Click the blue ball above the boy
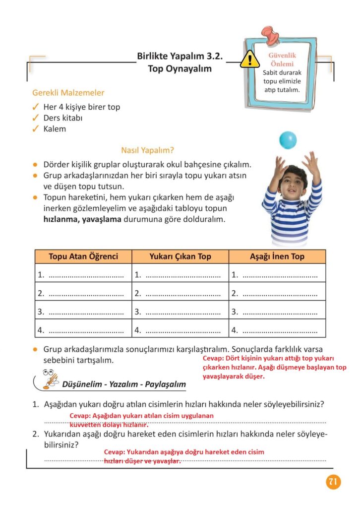(288, 140)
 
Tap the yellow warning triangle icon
(249, 61)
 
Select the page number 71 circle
(333, 482)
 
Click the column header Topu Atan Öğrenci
(83, 256)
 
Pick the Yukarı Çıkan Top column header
(180, 256)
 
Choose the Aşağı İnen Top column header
(277, 256)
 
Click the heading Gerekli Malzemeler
(68, 93)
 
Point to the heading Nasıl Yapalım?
(147, 150)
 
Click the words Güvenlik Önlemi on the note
(282, 60)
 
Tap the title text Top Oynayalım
(180, 69)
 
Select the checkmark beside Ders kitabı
(36, 118)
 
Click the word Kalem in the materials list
(55, 129)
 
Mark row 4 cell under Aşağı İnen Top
(277, 330)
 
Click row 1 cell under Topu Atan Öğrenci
(83, 274)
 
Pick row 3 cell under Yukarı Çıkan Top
(180, 312)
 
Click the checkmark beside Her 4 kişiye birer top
(36, 107)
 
